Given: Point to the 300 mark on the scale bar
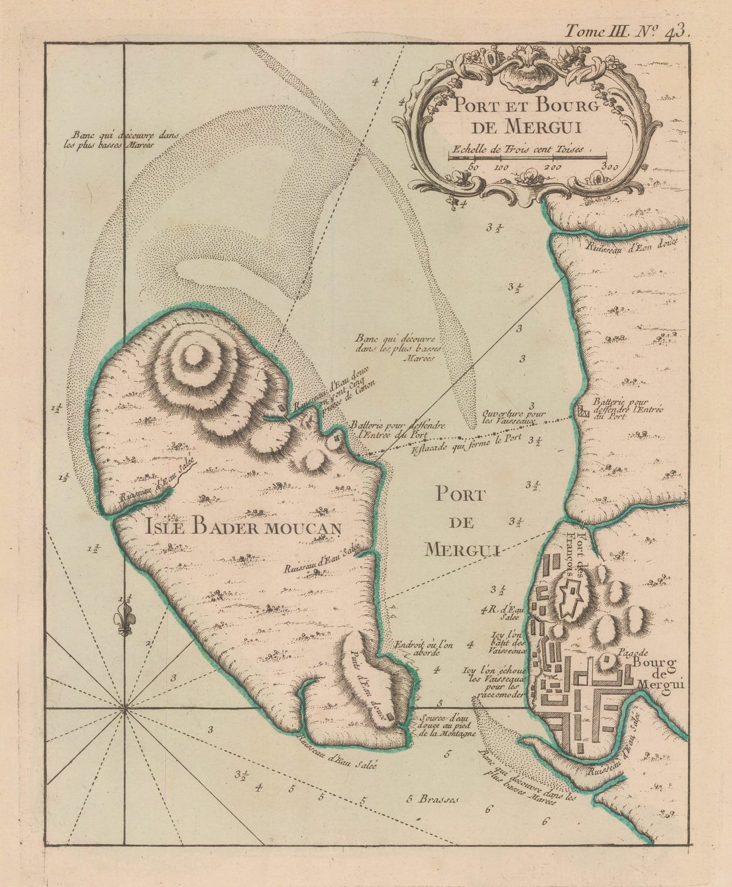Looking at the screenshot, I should (x=606, y=165).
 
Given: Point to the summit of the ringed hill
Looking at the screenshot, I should (x=195, y=354).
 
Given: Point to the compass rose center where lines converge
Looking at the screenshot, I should (x=124, y=708).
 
